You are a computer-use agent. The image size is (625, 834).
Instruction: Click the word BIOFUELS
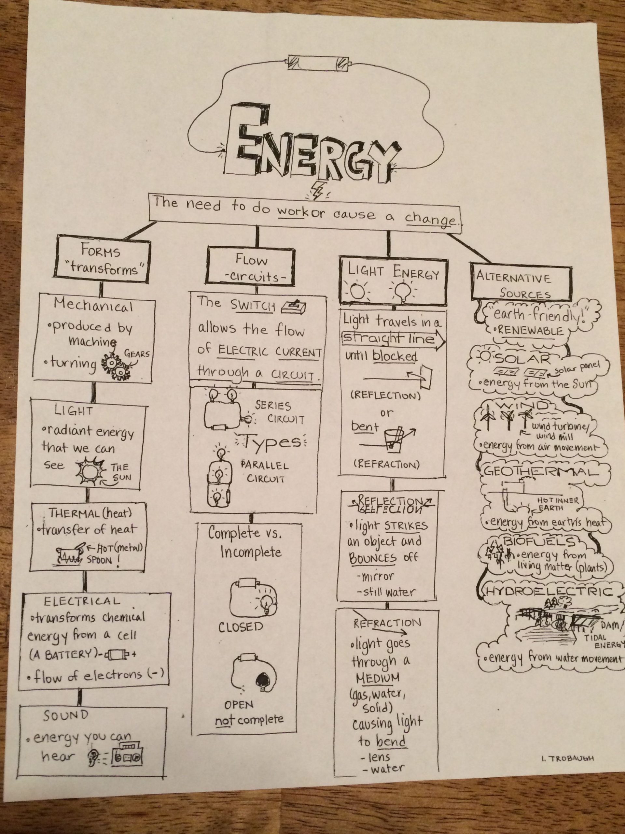tap(540, 542)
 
